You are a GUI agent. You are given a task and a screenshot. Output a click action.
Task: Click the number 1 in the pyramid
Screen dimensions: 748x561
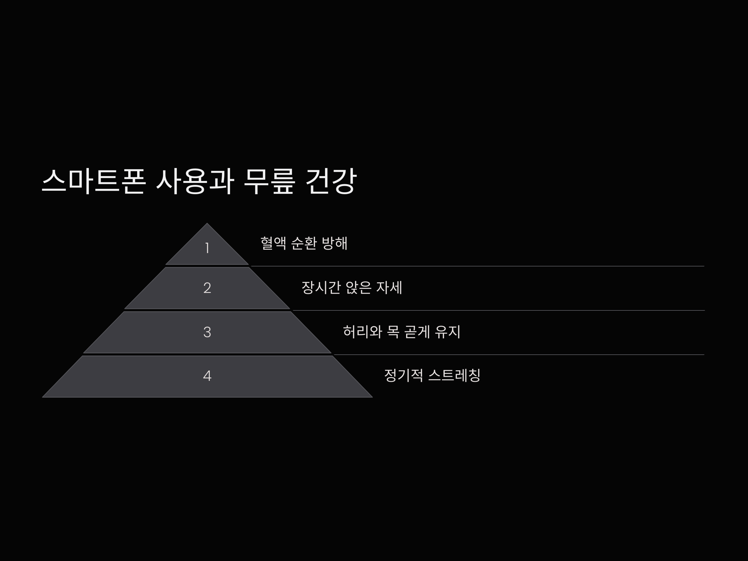click(207, 248)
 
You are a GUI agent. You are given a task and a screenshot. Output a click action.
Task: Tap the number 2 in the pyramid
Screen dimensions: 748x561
click(207, 288)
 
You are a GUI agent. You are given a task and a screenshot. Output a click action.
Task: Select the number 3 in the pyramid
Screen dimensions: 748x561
click(207, 332)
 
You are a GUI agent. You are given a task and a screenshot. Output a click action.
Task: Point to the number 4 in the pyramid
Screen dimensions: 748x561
click(207, 376)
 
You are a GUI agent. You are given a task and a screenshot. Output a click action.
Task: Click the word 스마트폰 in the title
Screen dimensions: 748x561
click(94, 182)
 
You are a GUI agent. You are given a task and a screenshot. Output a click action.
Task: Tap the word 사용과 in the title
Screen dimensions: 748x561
click(195, 182)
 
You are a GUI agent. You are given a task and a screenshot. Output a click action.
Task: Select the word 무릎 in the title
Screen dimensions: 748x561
click(270, 182)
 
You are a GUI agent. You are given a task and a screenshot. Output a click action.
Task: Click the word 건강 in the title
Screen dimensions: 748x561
click(331, 182)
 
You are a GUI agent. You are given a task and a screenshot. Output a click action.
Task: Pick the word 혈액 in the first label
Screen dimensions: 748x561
click(273, 243)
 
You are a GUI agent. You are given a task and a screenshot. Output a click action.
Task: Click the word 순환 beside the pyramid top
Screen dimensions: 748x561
click(304, 243)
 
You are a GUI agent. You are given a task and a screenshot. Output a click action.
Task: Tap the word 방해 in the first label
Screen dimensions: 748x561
click(334, 243)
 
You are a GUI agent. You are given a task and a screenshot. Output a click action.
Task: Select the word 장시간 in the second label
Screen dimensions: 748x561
click(321, 288)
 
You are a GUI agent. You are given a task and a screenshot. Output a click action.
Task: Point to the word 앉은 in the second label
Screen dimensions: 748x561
click(358, 288)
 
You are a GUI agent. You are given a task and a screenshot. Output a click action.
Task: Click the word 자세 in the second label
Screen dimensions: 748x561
click(389, 288)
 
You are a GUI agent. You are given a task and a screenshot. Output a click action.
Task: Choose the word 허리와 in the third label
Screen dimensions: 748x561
click(362, 332)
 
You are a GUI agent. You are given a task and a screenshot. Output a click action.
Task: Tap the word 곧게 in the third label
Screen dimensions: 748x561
click(417, 332)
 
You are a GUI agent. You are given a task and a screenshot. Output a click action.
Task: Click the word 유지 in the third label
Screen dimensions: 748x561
click(447, 332)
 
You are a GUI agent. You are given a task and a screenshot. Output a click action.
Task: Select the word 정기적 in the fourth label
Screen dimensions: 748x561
click(403, 375)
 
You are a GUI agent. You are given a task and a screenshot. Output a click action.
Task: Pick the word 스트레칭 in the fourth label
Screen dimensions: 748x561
click(454, 375)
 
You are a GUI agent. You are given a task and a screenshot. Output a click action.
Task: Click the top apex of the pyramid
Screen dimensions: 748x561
click(207, 224)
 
